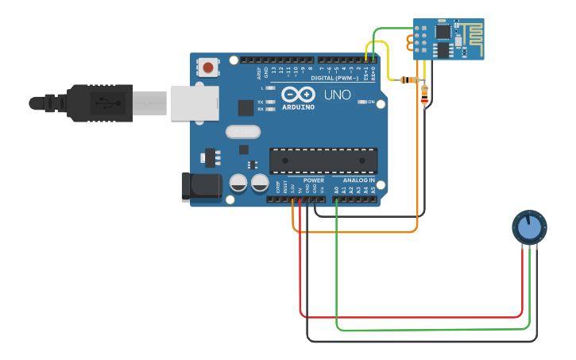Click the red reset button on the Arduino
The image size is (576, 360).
(208, 68)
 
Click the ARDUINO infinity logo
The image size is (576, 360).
(298, 95)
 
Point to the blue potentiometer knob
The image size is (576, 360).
(528, 228)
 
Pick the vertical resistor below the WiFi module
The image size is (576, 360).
(424, 96)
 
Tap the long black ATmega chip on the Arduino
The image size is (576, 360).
(323, 161)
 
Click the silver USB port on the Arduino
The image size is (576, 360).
(195, 103)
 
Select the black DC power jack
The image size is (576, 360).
(203, 186)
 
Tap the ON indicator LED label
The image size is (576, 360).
(371, 102)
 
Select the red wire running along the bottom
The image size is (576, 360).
(413, 317)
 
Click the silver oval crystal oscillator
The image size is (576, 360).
(243, 132)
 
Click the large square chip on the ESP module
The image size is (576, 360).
(442, 32)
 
